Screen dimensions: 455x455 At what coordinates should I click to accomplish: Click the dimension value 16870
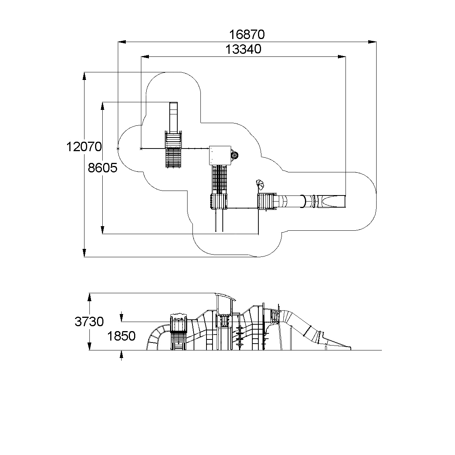pyautogui.click(x=247, y=34)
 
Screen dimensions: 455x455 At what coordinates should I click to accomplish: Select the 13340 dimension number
pyautogui.click(x=244, y=49)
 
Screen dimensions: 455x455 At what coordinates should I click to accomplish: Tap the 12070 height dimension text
pyautogui.click(x=84, y=147)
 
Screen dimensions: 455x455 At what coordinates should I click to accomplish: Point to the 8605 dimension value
pyautogui.click(x=102, y=168)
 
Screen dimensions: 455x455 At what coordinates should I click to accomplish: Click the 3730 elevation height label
pyautogui.click(x=89, y=321)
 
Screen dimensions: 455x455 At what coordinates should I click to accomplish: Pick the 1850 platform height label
pyautogui.click(x=121, y=336)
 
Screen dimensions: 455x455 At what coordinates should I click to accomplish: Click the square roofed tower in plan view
pyautogui.click(x=220, y=155)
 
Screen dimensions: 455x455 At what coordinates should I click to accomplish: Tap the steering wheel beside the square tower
pyautogui.click(x=235, y=155)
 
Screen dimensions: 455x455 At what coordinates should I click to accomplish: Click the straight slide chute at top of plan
pyautogui.click(x=174, y=117)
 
